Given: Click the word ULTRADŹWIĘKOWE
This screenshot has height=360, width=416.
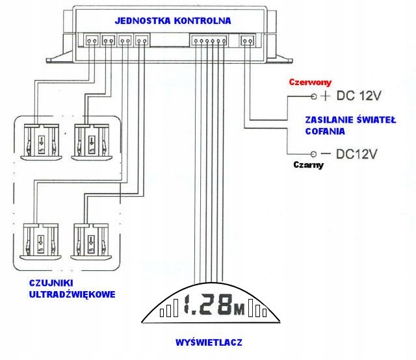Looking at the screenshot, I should tap(73, 294).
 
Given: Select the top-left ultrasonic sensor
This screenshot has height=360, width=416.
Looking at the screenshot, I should tap(40, 141).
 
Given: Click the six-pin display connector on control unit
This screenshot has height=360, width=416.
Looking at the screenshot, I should tap(208, 42).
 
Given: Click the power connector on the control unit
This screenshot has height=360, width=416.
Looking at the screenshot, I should tap(248, 42).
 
